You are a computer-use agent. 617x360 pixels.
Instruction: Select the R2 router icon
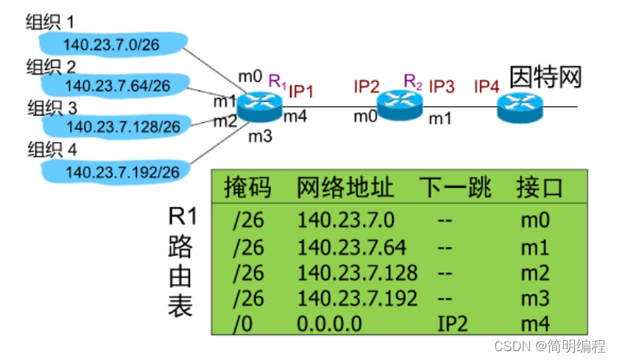click(x=399, y=103)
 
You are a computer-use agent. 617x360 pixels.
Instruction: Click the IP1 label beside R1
click(x=301, y=91)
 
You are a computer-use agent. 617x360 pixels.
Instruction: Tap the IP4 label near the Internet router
click(x=487, y=87)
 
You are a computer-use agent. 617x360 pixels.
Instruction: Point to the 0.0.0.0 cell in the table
click(x=329, y=323)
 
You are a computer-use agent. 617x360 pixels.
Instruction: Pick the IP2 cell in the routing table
click(x=452, y=323)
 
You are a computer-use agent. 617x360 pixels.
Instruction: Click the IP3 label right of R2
click(x=442, y=87)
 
